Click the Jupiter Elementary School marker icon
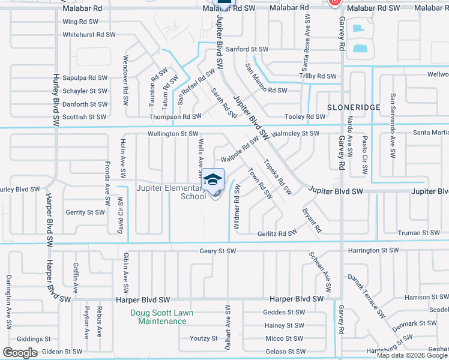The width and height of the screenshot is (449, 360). [x=213, y=179]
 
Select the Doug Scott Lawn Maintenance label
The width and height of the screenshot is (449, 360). [x=162, y=317]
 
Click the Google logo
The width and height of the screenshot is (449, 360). [x=20, y=353]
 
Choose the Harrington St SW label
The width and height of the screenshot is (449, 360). [x=372, y=250]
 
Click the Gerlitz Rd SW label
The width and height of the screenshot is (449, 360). [x=277, y=233]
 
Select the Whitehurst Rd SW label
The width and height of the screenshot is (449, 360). [x=89, y=35]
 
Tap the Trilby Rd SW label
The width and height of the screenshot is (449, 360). [x=318, y=76]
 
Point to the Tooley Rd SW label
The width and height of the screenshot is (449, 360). [x=306, y=116]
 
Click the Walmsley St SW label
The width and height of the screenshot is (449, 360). [x=296, y=133]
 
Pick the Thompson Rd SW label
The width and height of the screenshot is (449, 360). [x=175, y=116]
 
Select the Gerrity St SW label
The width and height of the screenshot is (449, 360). [x=85, y=212]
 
